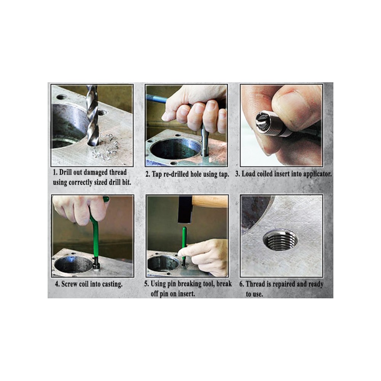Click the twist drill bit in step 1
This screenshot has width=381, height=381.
tap(92, 115)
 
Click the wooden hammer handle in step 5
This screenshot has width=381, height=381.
tap(210, 201)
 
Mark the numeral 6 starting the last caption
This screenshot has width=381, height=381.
tap(241, 284)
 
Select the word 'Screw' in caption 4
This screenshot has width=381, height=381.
tap(69, 284)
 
